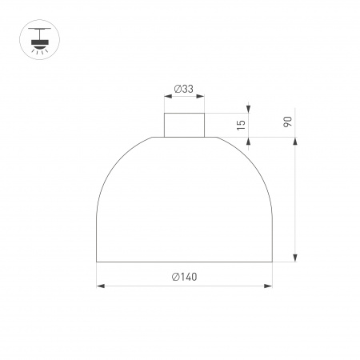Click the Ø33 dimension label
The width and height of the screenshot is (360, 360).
point(183,89)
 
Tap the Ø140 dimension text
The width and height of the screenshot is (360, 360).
point(184,276)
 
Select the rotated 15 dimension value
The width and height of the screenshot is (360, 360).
point(240,125)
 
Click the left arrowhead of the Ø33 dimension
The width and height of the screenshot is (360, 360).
point(167,98)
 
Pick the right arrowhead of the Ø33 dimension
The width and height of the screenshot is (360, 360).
point(199,98)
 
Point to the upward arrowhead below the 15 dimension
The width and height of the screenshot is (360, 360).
point(249,141)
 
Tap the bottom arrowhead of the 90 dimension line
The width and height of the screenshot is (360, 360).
point(296,257)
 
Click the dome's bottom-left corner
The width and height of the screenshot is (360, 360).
point(96,261)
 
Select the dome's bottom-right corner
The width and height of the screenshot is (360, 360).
point(272,261)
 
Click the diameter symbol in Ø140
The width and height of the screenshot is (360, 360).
point(175,276)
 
